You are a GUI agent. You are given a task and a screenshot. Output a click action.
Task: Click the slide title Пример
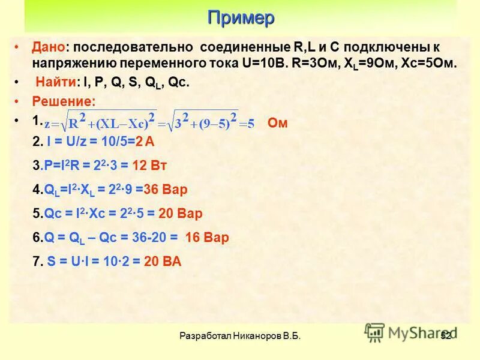pos(241,17)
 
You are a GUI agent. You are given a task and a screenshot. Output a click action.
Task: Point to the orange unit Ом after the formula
pos(278,124)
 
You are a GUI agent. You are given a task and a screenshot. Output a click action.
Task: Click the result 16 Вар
pos(207,238)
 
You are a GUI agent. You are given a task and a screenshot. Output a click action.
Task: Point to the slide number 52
pos(445,337)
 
